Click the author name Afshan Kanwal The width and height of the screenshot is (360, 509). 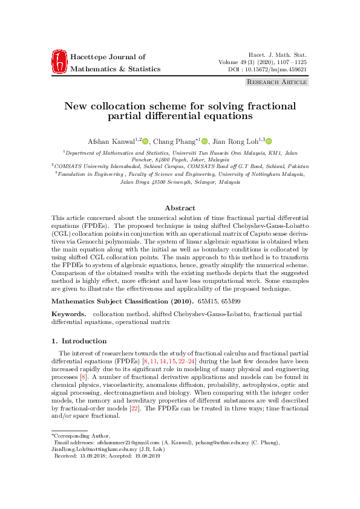pos(106,141)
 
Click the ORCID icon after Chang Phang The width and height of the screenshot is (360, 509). pos(205,141)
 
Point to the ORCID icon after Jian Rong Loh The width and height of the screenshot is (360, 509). pos(269,141)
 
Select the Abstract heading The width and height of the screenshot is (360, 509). pos(180,208)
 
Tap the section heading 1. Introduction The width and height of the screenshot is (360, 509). pos(79,341)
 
